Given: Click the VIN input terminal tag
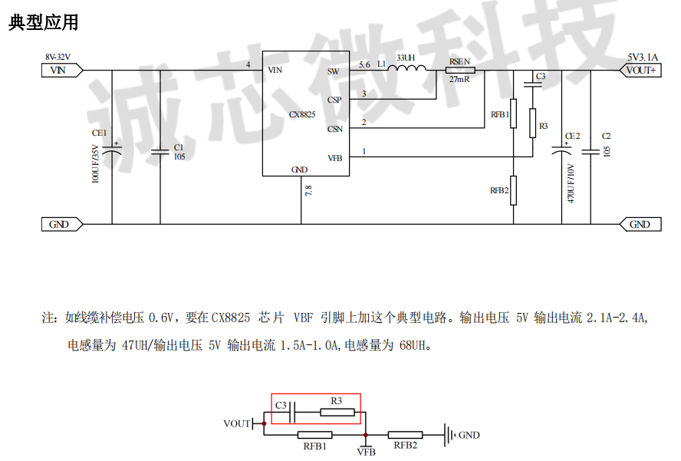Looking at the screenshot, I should [58, 71].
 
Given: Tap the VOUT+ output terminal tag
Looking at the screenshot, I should [640, 71].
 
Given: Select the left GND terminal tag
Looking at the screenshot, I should [58, 224].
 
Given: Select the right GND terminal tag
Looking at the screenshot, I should [640, 224].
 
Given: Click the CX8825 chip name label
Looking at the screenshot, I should [302, 114].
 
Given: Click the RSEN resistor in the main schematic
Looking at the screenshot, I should [460, 71].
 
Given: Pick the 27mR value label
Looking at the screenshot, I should [459, 80].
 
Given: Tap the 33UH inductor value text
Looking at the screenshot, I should [406, 58].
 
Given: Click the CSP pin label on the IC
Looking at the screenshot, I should [334, 100].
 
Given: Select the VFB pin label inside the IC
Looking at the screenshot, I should [334, 158].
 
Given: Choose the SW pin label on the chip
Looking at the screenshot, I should [333, 71].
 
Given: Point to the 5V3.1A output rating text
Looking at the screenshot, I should [642, 58].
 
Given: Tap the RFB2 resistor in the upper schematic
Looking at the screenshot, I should [514, 190].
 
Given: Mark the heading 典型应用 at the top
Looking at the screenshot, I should [44, 23].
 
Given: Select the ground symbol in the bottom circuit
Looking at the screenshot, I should [449, 435].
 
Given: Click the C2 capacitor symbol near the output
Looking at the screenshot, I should [591, 152].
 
